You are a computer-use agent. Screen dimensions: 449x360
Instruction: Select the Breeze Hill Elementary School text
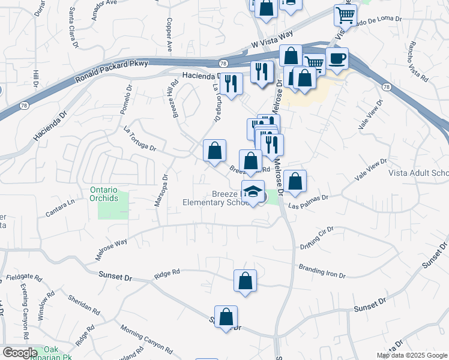tap(216, 198)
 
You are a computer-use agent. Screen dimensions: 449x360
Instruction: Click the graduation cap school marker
tap(253, 193)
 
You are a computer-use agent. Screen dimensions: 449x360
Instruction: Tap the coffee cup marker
tap(338, 59)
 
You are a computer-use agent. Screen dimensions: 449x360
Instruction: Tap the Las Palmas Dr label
tap(308, 201)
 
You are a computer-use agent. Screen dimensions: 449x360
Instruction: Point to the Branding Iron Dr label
tap(322, 271)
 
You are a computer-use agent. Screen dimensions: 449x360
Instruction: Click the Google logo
tap(20, 353)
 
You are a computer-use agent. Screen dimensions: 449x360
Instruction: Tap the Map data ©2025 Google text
tap(412, 355)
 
